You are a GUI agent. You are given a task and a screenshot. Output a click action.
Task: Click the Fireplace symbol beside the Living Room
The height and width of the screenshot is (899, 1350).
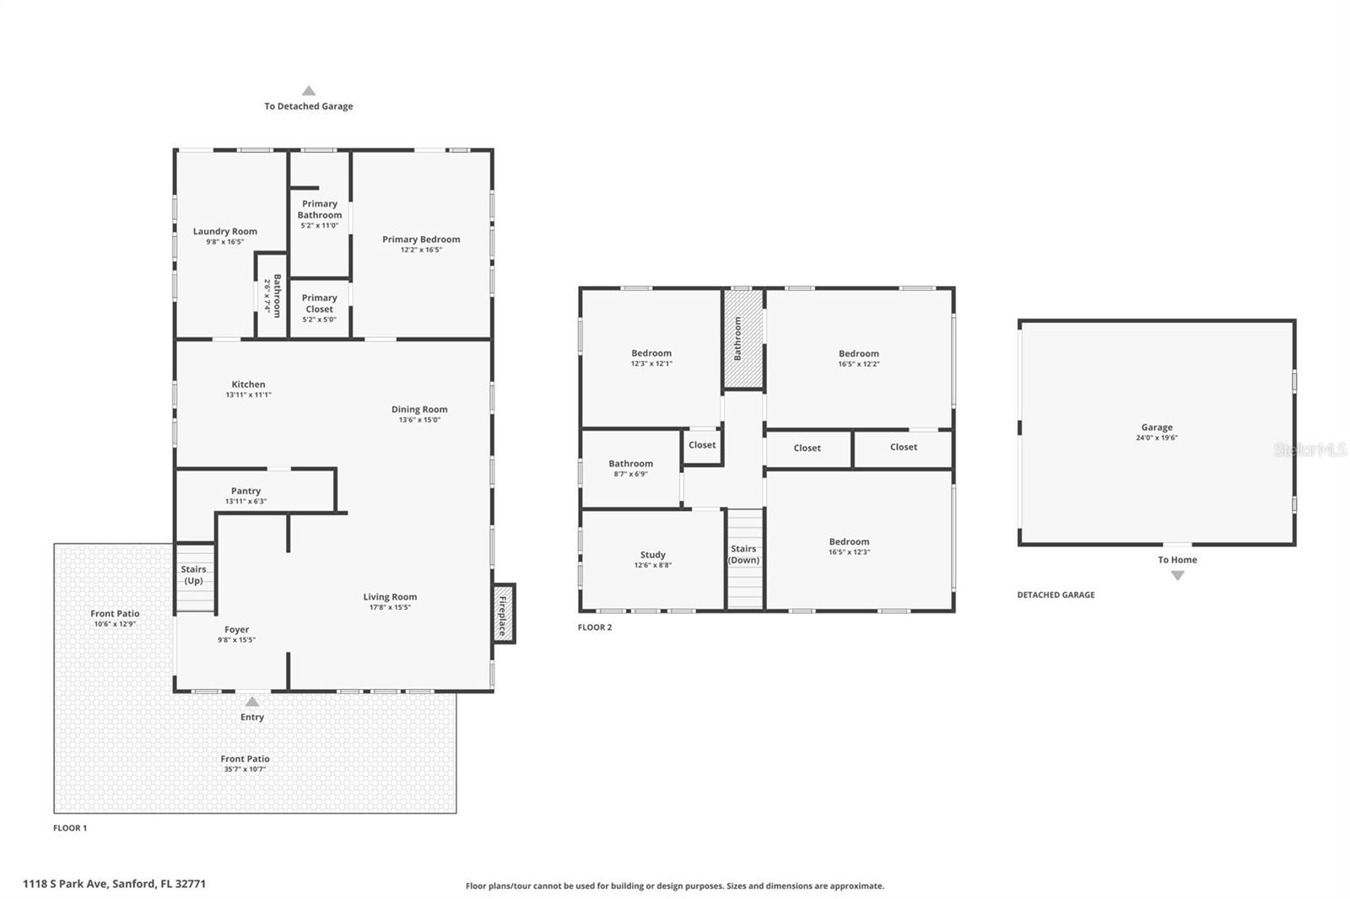pos(504,614)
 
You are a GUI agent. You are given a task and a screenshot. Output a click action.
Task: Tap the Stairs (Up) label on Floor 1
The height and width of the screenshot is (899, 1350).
pos(193,575)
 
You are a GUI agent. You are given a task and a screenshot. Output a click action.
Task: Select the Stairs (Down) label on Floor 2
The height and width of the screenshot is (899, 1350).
pos(743,554)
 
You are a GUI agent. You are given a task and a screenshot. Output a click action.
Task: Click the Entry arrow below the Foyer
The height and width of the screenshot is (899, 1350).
pos(251,702)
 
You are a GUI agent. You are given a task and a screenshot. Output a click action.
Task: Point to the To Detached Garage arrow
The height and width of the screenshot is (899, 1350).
pos(309,91)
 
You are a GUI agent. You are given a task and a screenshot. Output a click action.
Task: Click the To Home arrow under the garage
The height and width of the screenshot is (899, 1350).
pos(1177,575)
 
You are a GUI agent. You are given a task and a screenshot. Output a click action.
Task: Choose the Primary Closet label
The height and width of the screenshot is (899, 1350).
pos(320,303)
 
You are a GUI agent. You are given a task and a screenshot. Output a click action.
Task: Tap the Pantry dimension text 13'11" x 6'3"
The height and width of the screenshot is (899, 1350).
pos(246,502)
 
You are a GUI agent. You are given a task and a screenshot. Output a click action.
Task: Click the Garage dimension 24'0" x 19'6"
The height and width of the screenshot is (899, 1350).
pos(1157,438)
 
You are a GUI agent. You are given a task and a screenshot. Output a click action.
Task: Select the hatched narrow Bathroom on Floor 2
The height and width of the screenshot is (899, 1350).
pos(742,339)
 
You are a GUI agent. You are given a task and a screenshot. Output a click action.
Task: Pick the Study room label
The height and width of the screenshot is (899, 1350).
pos(652,555)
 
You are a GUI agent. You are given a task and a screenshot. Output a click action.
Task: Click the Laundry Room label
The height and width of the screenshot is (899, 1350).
pos(224,231)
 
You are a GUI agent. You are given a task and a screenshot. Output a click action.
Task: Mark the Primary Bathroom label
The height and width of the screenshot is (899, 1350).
pos(320,209)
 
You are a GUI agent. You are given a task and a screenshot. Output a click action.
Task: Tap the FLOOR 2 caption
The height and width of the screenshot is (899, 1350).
pos(595,627)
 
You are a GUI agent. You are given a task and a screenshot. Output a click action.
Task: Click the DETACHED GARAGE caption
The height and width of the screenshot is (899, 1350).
pos(1056,595)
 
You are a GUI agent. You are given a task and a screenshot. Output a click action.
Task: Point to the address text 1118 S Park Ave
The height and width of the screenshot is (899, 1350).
pos(114,884)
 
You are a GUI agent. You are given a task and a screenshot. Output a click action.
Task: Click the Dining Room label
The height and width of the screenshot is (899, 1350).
pos(419,410)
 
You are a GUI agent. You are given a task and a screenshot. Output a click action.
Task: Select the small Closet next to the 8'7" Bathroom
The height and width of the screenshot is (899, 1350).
pos(702,445)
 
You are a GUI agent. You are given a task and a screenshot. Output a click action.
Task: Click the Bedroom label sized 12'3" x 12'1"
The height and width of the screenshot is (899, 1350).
pos(651,353)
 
